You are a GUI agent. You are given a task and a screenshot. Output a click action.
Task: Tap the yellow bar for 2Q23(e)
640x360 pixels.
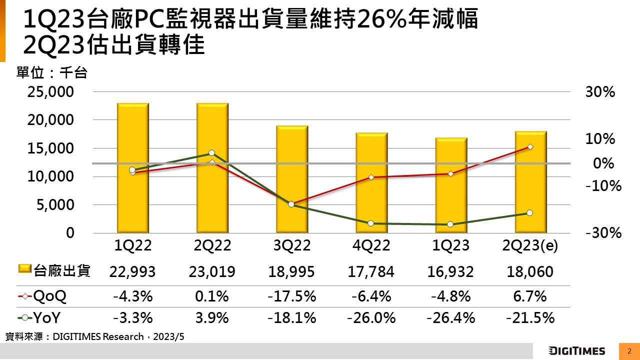(x=530, y=182)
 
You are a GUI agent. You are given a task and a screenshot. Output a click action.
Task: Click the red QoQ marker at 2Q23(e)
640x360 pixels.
(x=530, y=147)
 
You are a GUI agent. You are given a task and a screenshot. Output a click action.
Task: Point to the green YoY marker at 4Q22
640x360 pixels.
(x=371, y=223)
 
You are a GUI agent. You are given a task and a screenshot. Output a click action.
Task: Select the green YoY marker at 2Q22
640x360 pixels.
(x=212, y=153)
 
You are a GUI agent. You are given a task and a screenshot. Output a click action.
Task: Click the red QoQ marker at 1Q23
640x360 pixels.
(x=450, y=174)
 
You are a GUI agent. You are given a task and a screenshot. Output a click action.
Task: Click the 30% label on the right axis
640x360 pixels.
(x=600, y=92)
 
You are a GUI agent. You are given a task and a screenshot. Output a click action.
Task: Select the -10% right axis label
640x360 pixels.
(x=603, y=186)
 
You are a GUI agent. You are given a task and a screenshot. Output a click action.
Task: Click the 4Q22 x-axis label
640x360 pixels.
(x=371, y=245)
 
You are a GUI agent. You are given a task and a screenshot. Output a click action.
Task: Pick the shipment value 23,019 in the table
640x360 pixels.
(x=212, y=271)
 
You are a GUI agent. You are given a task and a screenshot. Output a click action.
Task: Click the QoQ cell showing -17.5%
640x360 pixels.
(x=292, y=296)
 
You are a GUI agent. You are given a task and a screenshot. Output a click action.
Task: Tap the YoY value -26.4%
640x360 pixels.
(x=450, y=317)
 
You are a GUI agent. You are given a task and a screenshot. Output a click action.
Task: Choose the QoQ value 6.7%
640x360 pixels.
(x=530, y=296)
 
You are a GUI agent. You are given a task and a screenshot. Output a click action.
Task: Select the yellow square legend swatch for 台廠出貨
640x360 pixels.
(x=25, y=270)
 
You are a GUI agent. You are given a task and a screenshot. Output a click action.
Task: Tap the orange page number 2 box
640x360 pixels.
(x=629, y=350)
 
